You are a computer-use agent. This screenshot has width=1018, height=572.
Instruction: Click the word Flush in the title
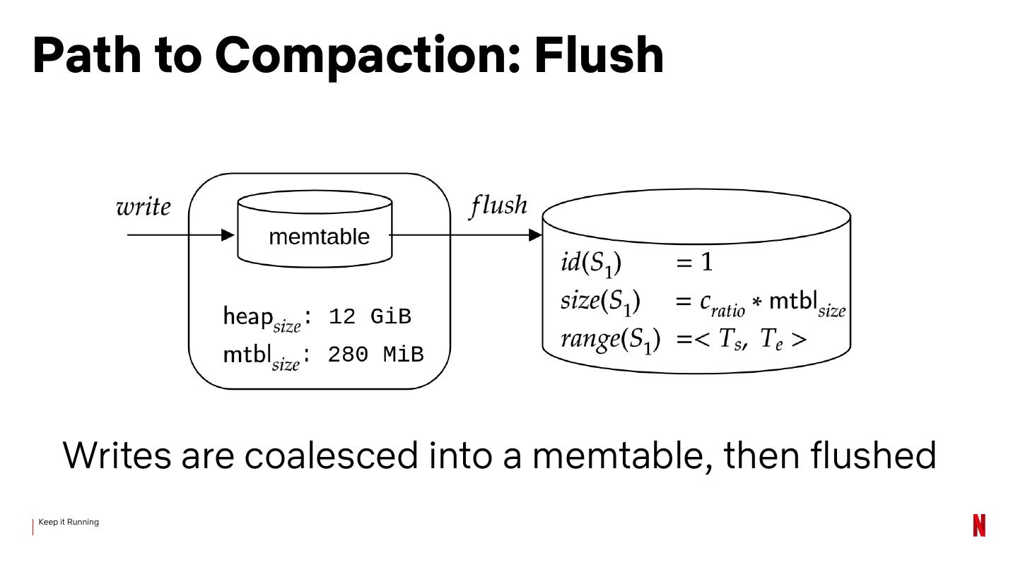[599, 55]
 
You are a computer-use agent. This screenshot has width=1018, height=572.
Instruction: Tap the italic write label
[144, 208]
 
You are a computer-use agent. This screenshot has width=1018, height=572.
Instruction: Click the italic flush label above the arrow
[498, 205]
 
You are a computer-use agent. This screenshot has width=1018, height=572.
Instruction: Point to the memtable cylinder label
[319, 237]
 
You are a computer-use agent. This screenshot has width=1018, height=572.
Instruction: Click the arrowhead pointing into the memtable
[228, 235]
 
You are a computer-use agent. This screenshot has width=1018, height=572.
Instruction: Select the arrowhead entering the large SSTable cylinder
[535, 235]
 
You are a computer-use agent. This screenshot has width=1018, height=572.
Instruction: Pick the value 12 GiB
[370, 316]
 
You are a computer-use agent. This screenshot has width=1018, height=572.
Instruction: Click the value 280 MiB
[375, 354]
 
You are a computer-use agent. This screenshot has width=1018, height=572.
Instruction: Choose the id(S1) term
[591, 263]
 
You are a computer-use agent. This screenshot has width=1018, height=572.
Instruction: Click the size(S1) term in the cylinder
[600, 302]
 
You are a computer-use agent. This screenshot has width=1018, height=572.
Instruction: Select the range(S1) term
[610, 340]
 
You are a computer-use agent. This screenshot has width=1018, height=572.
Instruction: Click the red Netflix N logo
[978, 525]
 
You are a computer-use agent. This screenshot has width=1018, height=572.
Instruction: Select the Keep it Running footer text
[69, 522]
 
